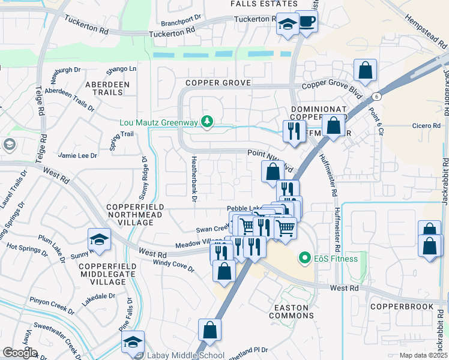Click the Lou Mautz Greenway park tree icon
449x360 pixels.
pyautogui.click(x=207, y=122)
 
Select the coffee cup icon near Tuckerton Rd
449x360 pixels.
pyautogui.click(x=307, y=22)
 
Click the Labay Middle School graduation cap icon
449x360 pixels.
pyautogui.click(x=133, y=343)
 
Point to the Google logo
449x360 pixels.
pyautogui.click(x=20, y=353)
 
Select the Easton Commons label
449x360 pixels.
pyautogui.click(x=291, y=311)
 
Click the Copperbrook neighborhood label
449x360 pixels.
pyautogui.click(x=402, y=307)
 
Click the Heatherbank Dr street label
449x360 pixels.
pyautogui.click(x=194, y=187)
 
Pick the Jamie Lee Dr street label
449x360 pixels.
pyautogui.click(x=77, y=155)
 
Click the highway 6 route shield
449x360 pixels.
pyautogui.click(x=376, y=97)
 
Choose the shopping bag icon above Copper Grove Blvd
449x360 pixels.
pyautogui.click(x=365, y=71)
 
